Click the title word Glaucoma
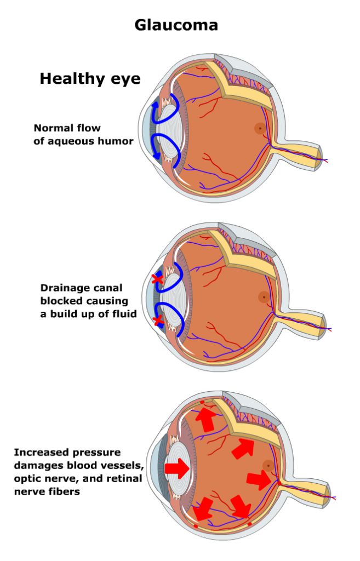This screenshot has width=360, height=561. (176, 25)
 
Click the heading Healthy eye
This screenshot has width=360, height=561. (90, 79)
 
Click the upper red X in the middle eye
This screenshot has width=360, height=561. (158, 279)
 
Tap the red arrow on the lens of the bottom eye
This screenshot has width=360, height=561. (177, 468)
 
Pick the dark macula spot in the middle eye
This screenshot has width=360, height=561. (264, 297)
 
